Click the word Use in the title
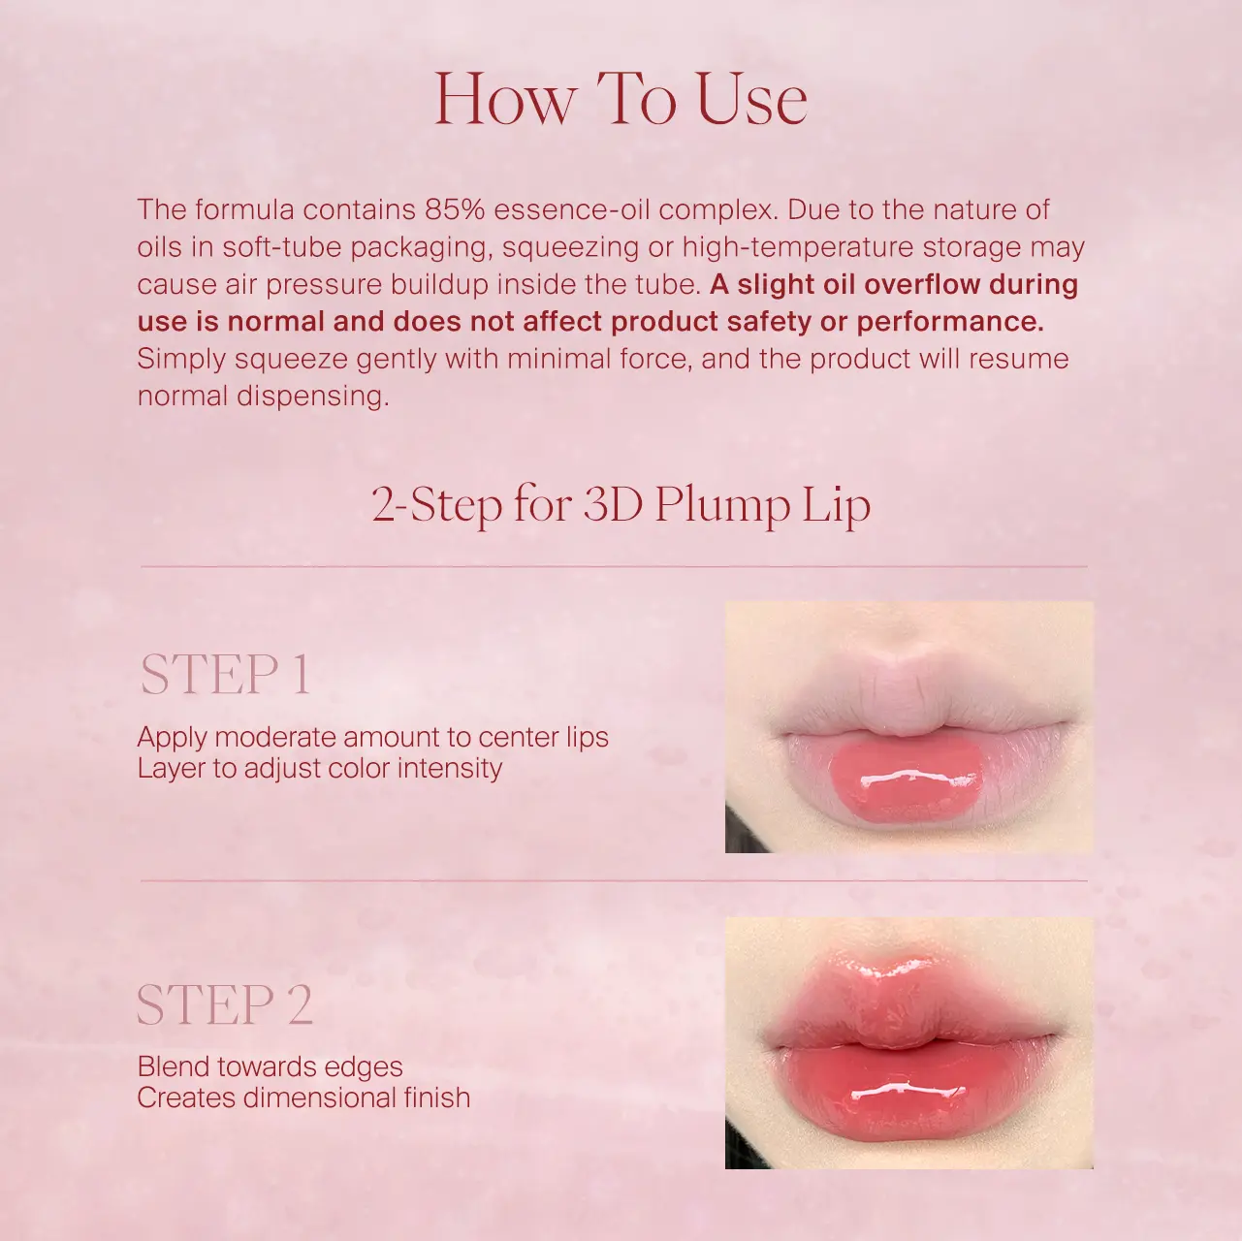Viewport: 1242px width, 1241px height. [751, 100]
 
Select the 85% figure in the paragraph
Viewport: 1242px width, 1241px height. [455, 210]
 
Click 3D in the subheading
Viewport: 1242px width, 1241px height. [613, 505]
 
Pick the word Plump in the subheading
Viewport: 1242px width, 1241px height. [722, 506]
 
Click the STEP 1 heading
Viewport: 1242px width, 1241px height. [226, 675]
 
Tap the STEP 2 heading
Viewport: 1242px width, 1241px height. [225, 1004]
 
